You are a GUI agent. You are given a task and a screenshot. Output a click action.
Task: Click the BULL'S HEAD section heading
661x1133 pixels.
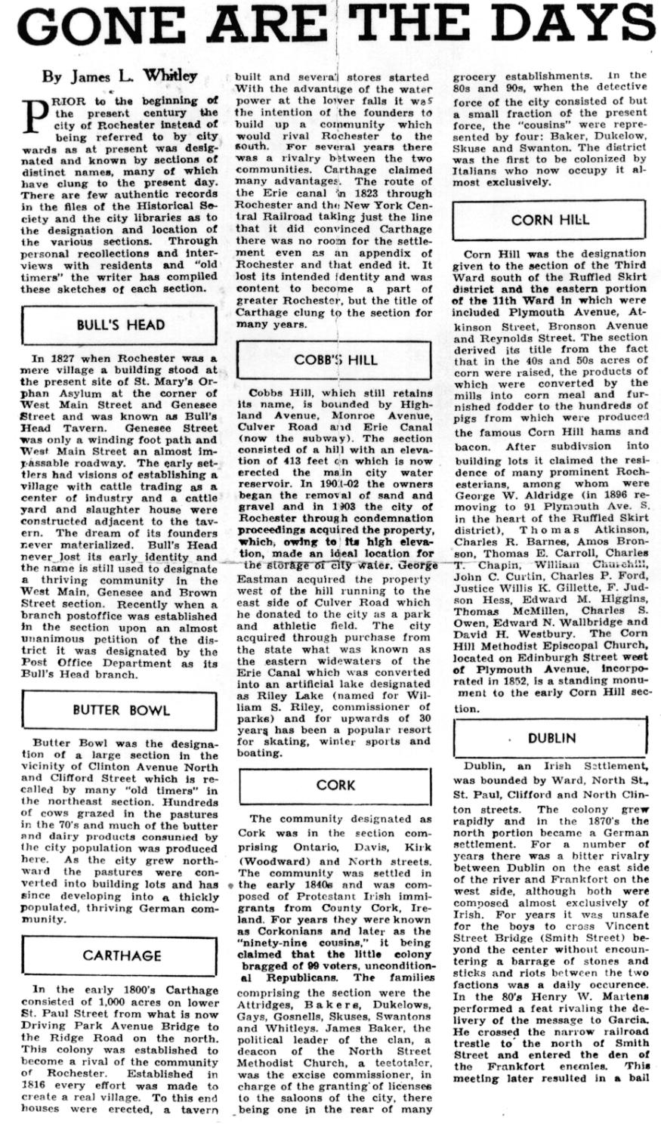(x=120, y=325)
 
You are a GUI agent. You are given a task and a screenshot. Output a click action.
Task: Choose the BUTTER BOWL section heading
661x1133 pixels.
(x=121, y=711)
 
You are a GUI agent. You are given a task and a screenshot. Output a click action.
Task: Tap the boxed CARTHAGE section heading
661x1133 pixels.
(x=122, y=955)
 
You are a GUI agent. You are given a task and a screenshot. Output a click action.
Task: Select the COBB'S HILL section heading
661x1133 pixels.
(x=335, y=360)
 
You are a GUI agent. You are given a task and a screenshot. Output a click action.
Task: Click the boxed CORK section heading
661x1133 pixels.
(x=335, y=785)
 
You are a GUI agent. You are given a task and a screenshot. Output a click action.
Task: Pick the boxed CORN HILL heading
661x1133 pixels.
(x=549, y=220)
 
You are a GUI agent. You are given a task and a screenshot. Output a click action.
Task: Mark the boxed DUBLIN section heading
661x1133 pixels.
(x=551, y=738)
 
